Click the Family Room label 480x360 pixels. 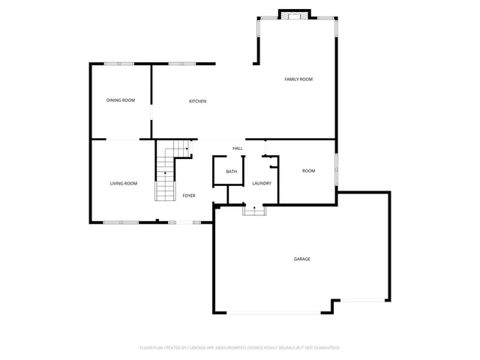coord(298,79)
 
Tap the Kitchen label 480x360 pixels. coord(197,102)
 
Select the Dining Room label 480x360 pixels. coord(120,100)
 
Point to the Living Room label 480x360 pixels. coord(124,184)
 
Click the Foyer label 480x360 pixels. coord(189,196)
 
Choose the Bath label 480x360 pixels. coord(232,172)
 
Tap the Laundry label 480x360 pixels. coord(262,184)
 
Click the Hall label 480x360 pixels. coord(237,148)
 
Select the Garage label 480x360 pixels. coord(302,259)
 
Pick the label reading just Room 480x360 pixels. coord(308,171)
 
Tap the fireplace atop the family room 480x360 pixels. coord(294,14)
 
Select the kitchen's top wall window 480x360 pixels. coord(178,64)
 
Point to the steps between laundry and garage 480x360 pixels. coord(254,211)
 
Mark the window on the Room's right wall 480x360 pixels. coord(336,169)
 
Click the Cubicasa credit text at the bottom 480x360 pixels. coord(239,348)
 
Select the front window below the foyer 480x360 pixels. coord(180,222)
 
